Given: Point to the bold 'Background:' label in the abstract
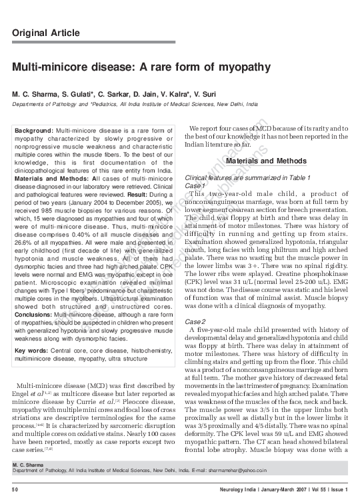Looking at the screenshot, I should [x=35, y=130].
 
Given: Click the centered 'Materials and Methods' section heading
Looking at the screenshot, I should [x=266, y=161].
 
